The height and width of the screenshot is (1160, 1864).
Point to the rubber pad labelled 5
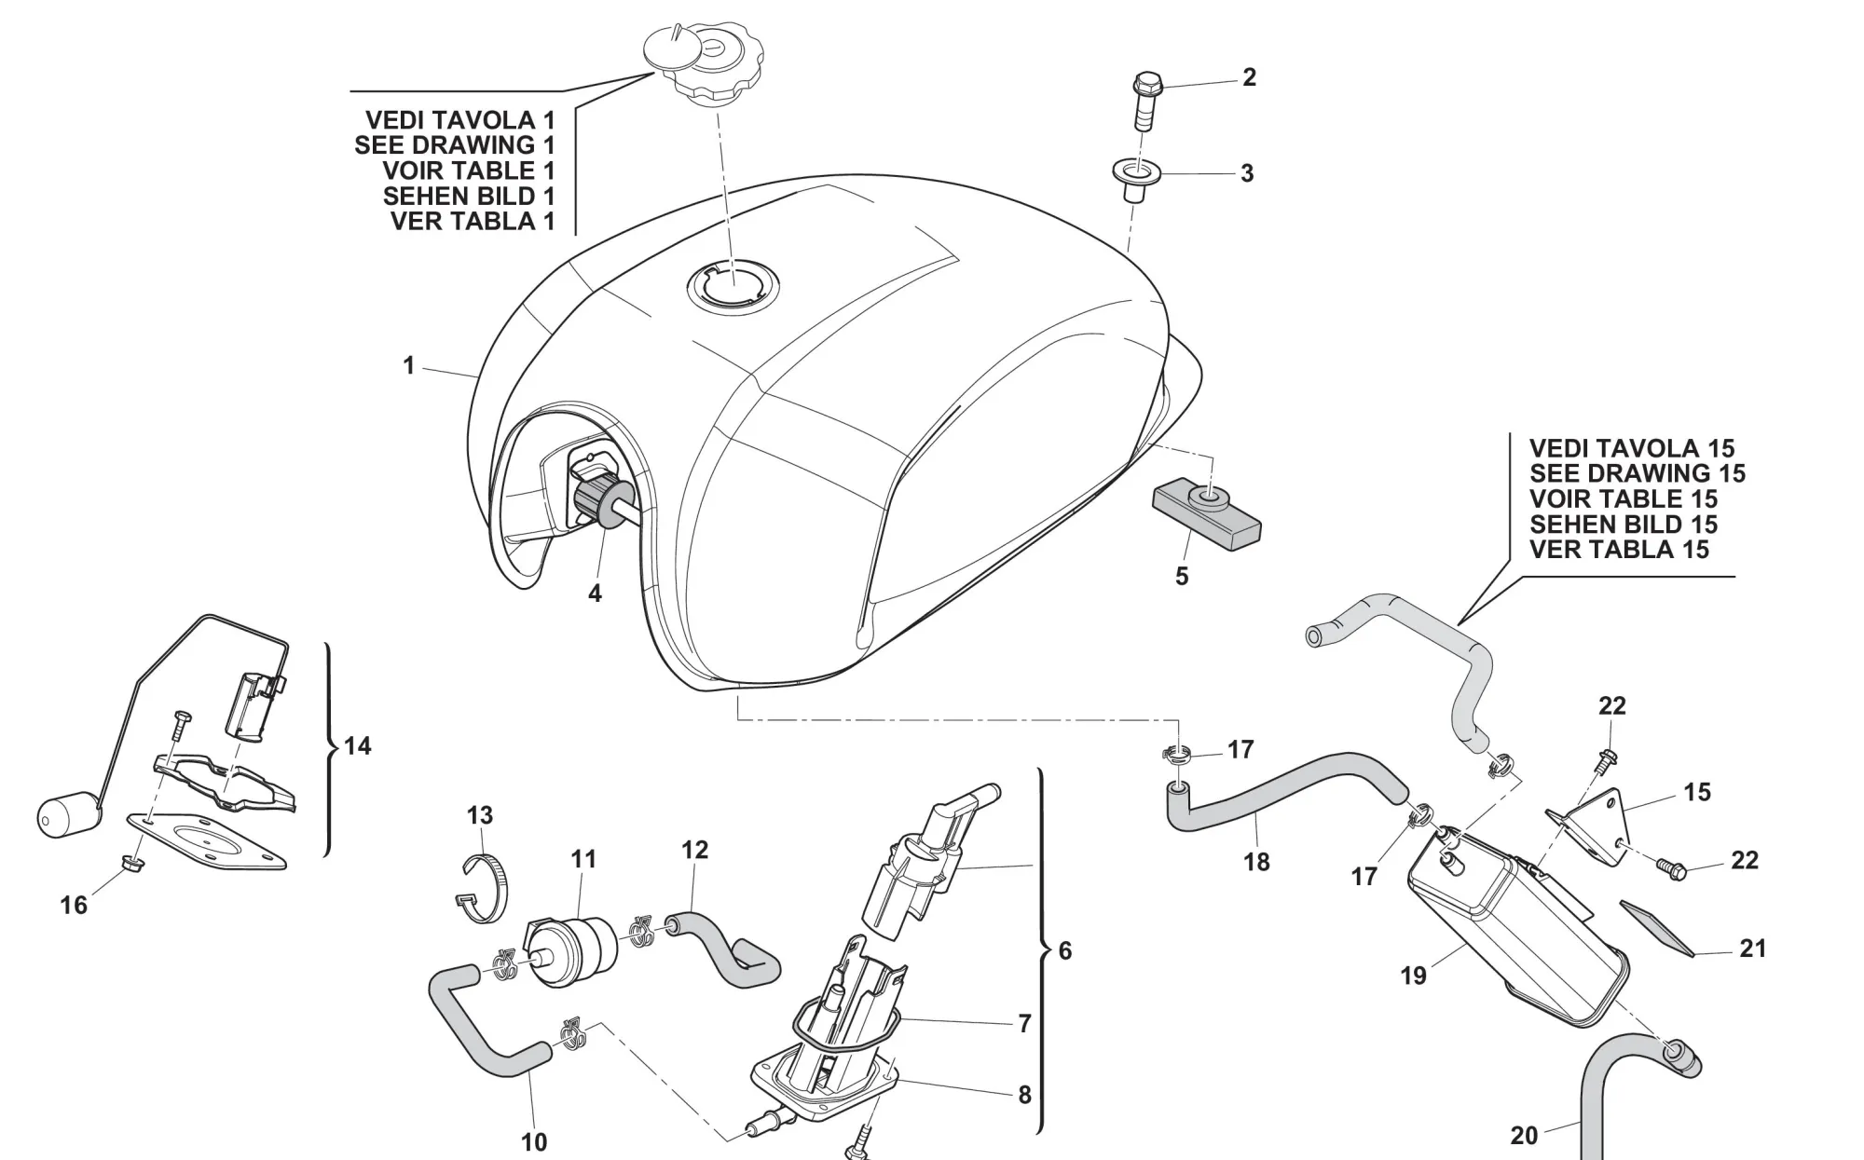1206,514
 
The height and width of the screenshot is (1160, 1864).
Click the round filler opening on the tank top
733,283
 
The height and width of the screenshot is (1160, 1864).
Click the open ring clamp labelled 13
486,889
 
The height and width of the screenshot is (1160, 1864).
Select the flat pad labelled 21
1658,928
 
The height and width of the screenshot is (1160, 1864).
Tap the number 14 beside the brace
358,745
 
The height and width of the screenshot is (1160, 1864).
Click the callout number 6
1065,950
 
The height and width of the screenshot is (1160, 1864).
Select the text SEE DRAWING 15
1638,473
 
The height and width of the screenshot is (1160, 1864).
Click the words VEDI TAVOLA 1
459,120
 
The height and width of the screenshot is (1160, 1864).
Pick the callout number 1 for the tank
408,366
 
